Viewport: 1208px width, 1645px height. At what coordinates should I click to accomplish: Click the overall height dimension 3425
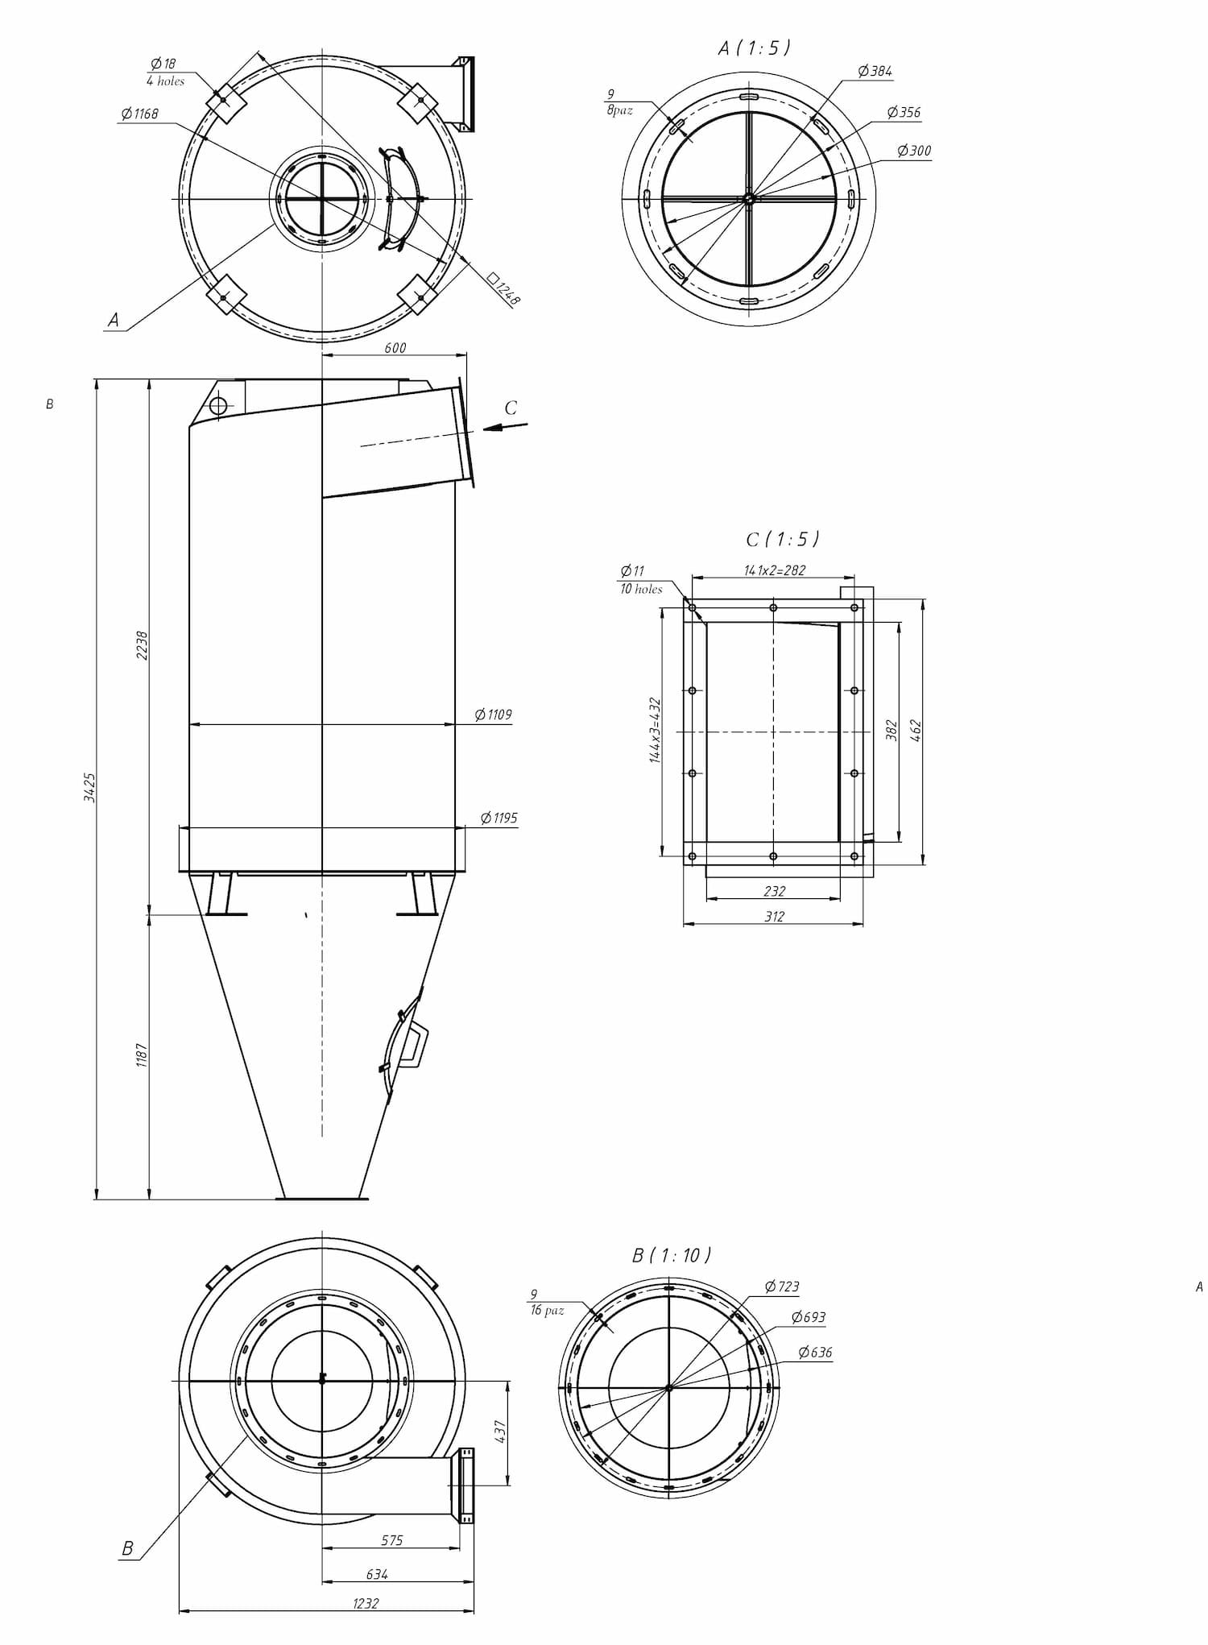click(x=90, y=787)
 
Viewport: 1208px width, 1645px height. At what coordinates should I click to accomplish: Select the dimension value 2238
click(x=143, y=645)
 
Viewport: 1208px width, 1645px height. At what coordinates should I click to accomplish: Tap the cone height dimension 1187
click(x=142, y=1055)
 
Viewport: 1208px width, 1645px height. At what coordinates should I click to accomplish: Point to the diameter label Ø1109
click(x=493, y=715)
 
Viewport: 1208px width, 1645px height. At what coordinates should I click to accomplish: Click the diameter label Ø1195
click(x=499, y=818)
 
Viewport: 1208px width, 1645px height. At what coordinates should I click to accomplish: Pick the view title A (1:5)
click(x=755, y=48)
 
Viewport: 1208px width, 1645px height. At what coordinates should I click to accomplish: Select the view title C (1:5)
click(x=783, y=538)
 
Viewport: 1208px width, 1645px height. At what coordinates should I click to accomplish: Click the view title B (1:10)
click(x=672, y=1254)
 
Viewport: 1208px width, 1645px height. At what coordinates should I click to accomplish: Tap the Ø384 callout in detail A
click(x=875, y=71)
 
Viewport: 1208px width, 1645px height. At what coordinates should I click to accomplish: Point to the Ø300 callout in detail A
click(x=914, y=151)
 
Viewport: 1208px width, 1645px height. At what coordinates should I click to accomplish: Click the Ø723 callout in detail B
click(x=782, y=1287)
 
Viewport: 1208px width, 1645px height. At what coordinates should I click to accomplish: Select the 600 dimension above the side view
click(x=395, y=348)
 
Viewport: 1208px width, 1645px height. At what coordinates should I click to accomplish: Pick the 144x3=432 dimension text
click(x=655, y=730)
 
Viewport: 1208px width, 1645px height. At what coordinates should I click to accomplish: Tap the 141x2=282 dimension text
click(x=774, y=570)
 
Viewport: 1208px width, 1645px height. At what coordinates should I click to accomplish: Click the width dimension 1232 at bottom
click(x=366, y=1603)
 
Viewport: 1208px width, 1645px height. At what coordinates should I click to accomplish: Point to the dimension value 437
click(x=500, y=1432)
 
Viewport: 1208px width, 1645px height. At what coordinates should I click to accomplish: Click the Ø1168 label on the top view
click(x=139, y=114)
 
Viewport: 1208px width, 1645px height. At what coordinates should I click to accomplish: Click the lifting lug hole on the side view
click(x=217, y=404)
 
